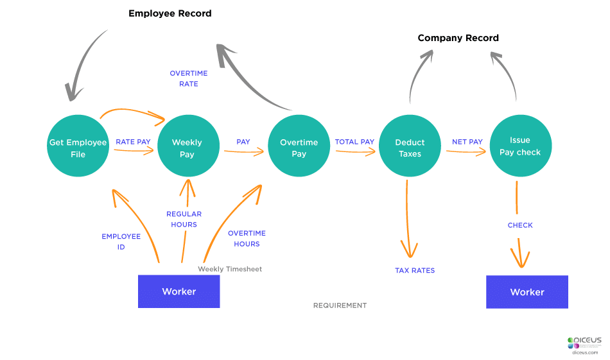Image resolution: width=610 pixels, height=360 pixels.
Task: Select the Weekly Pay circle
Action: [187, 148]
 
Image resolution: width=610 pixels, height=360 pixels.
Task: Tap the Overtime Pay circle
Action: [299, 148]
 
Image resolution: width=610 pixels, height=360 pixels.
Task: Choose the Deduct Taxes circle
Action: [410, 148]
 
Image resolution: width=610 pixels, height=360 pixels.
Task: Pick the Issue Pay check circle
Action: [519, 146]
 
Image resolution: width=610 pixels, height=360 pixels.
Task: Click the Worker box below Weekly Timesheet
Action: [179, 291]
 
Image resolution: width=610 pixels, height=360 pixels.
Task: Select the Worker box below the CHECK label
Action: [527, 292]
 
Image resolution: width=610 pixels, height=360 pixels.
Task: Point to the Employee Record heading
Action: [170, 13]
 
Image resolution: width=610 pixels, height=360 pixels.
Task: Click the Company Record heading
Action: [458, 38]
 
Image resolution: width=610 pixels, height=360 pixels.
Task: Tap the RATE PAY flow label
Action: [133, 142]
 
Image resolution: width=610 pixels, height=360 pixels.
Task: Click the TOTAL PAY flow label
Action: [354, 142]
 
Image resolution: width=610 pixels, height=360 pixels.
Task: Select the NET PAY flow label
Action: [467, 142]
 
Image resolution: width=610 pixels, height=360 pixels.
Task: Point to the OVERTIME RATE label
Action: [189, 78]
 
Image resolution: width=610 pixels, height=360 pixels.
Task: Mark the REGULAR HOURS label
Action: [184, 219]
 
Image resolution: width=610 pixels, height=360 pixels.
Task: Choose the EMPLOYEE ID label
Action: [121, 241]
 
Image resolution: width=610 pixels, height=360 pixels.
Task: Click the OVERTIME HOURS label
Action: [247, 238]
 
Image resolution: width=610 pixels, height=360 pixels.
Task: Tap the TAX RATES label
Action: [415, 270]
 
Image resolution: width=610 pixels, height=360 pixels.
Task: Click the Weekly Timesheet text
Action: [230, 269]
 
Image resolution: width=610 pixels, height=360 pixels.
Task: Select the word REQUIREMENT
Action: [340, 305]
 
